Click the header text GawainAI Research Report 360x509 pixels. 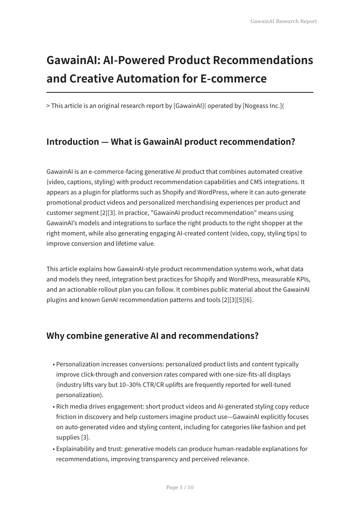pos(284,21)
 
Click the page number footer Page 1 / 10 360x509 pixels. pos(180,487)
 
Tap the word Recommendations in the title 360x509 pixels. pos(263,60)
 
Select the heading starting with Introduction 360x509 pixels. pos(170,141)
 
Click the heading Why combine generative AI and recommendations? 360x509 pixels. pos(152,336)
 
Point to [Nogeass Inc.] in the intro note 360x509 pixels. pos(262,106)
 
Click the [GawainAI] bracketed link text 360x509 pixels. pos(189,106)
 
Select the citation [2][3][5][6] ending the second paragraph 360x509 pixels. pos(237,300)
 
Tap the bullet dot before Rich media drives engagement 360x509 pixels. pos(54,407)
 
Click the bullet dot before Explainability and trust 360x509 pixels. pos(54,449)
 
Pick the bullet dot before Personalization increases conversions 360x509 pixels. pos(54,365)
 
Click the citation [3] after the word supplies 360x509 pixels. pos(85,437)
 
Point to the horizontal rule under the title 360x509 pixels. pos(180,92)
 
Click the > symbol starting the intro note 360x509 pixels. pos(48,106)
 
